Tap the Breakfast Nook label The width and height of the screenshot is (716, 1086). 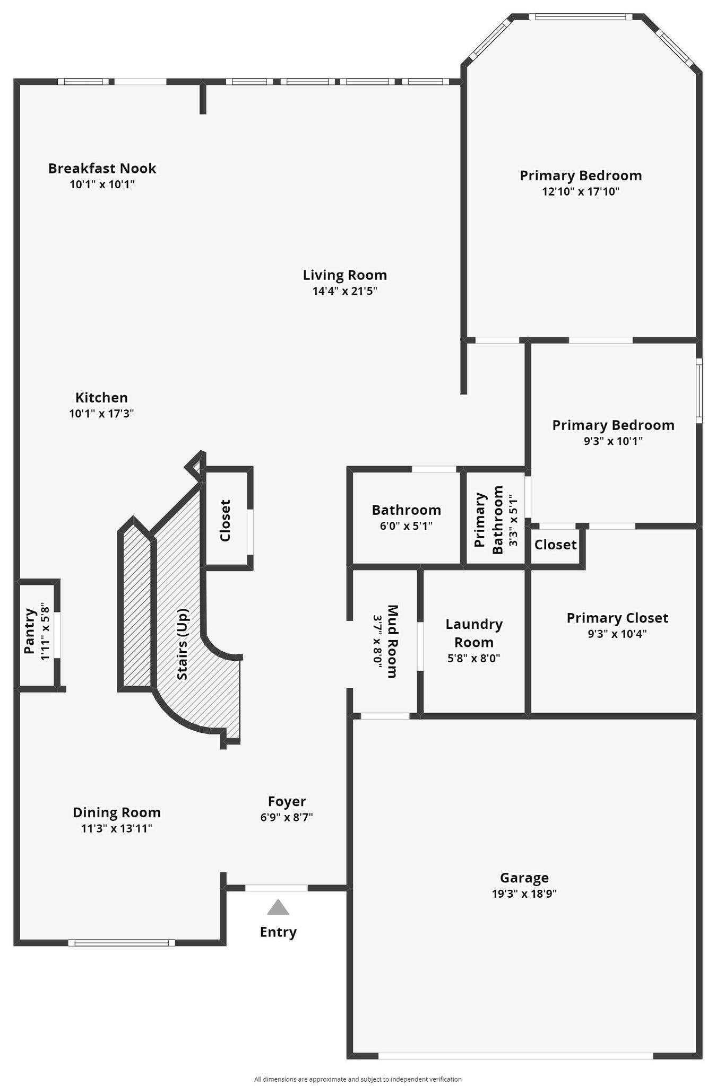[102, 168]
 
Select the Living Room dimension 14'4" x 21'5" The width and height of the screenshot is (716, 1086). [344, 291]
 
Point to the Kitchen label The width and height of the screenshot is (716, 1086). [101, 397]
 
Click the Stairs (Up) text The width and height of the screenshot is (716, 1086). [182, 644]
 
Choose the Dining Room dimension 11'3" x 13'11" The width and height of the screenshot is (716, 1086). [117, 828]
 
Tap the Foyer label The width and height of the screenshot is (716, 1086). [287, 801]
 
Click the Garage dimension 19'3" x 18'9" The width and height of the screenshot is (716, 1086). [524, 894]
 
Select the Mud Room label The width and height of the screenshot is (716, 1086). [392, 641]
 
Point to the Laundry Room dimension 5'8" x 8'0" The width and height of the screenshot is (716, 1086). [473, 658]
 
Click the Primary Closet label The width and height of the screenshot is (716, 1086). [617, 618]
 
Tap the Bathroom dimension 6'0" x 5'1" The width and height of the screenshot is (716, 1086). [406, 526]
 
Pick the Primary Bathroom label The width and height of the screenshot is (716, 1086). [489, 520]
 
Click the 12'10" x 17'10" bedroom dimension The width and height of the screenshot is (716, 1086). [581, 191]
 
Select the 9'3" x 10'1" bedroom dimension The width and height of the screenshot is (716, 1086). [613, 441]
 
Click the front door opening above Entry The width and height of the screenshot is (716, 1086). [276, 888]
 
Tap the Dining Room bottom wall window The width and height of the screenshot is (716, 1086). [122, 942]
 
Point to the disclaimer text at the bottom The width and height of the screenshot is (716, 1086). [358, 1079]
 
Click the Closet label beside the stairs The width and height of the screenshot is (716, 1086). [225, 520]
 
